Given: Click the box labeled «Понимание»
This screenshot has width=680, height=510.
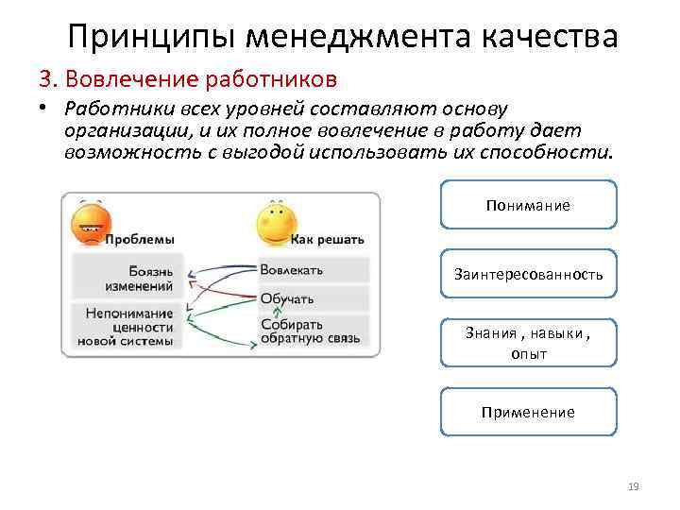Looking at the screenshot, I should pos(528,205).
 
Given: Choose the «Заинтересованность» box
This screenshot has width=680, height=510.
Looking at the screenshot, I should pos(528,274).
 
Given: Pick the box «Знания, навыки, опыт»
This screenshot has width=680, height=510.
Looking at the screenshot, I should pos(528,343).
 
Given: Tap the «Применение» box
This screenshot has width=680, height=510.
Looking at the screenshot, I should pos(528,412).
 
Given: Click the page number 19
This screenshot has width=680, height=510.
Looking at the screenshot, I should pos(633,486).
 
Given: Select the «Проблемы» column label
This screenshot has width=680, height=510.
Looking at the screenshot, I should pos(138,240).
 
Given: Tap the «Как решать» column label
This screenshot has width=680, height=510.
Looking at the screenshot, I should pos(327,240).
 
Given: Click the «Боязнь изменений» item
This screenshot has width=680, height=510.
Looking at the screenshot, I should pos(138,278).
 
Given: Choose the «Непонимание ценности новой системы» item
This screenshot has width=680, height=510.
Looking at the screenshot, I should pos(128,327).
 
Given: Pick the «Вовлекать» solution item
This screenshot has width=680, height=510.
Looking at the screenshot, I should pos(292,270).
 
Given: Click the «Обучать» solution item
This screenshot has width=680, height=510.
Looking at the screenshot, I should pos(287,299).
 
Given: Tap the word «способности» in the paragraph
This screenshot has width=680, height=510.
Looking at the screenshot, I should pos(557,152).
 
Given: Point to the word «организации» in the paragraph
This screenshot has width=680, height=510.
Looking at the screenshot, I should pos(123,129).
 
